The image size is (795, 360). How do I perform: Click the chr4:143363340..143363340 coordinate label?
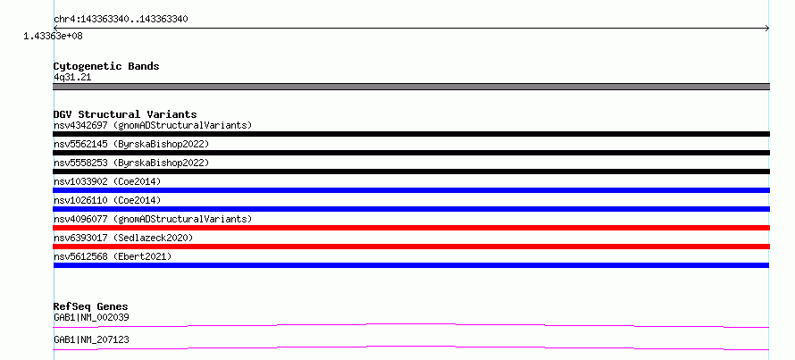(x=121, y=20)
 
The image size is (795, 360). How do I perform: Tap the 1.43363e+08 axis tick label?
(x=54, y=36)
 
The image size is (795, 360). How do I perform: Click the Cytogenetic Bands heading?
(x=106, y=66)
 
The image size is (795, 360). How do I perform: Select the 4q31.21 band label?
(x=72, y=78)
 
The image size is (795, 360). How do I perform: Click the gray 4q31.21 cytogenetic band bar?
(x=411, y=87)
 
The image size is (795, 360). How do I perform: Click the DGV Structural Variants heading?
(x=125, y=114)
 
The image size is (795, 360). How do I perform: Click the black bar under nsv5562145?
(x=411, y=153)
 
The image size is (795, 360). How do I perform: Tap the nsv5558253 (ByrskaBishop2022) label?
(x=131, y=163)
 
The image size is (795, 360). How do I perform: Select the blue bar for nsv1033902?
(x=411, y=190)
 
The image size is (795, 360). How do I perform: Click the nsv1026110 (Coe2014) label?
(x=107, y=200)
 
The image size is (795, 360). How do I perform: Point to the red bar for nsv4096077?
(x=411, y=228)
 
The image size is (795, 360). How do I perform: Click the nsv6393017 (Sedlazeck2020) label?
(x=123, y=238)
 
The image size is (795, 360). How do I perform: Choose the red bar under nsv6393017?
(x=411, y=247)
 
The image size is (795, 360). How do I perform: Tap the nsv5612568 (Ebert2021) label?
(x=113, y=256)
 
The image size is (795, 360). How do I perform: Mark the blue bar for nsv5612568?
(x=411, y=265)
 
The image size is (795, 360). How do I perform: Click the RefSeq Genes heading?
(x=91, y=306)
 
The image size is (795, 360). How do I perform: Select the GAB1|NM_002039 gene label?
(x=91, y=318)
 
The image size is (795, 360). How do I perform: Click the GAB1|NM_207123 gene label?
(x=91, y=339)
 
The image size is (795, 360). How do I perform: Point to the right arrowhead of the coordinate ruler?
(x=768, y=29)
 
